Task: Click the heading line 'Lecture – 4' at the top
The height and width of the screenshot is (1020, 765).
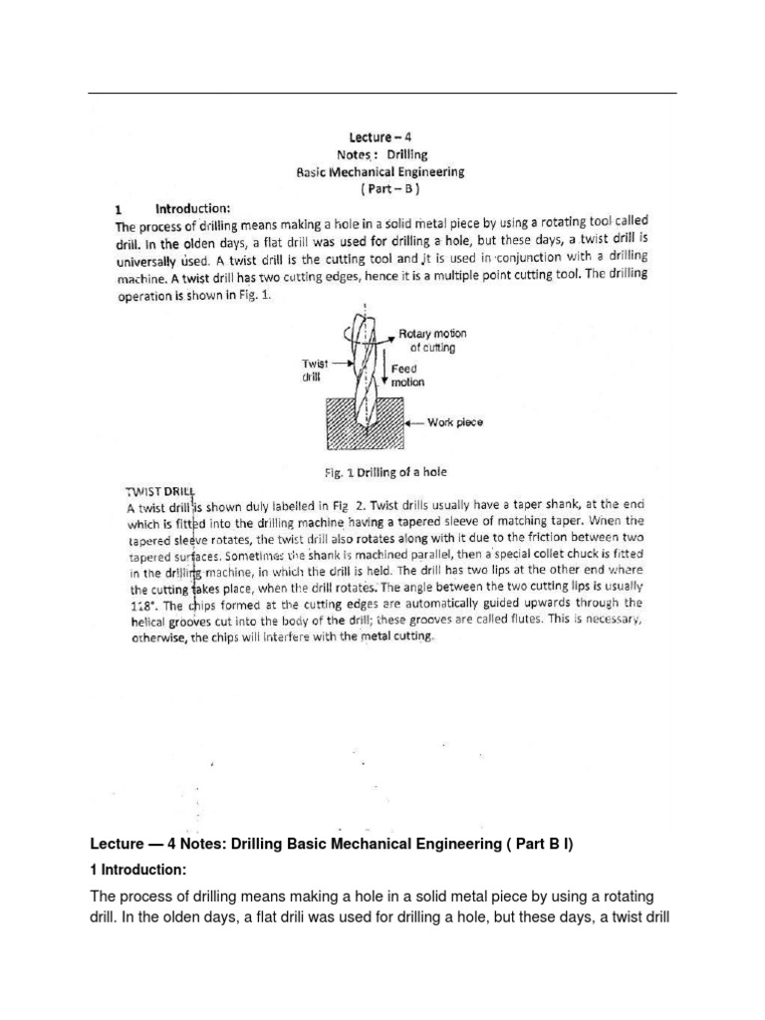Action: [x=382, y=138]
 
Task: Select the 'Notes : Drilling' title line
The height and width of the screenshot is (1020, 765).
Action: [x=382, y=155]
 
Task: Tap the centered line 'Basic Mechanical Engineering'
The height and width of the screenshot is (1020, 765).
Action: [x=382, y=171]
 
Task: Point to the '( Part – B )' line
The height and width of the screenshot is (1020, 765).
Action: [x=382, y=188]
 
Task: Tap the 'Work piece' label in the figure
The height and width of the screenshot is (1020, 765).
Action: [x=454, y=422]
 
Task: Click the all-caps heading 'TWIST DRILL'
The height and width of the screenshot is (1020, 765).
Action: [x=159, y=491]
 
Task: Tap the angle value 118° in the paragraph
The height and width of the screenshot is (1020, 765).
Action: [x=140, y=604]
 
